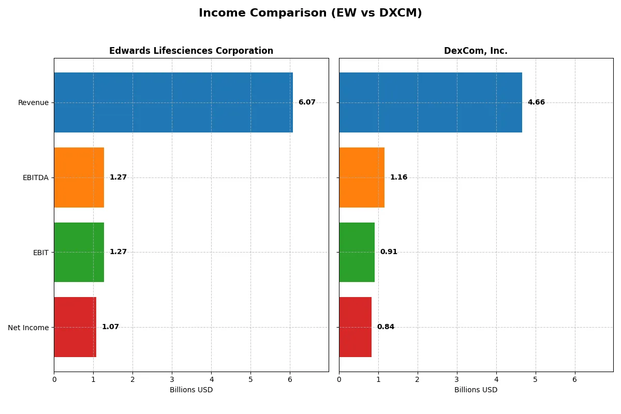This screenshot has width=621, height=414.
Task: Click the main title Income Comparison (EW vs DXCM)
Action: (310, 13)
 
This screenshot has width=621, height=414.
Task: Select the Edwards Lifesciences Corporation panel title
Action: (191, 51)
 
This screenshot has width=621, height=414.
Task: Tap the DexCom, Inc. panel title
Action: (476, 51)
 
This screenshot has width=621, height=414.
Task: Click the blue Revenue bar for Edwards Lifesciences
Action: (173, 102)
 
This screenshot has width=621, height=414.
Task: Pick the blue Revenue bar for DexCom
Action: (431, 102)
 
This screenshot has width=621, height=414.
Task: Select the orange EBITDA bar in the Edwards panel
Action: (79, 178)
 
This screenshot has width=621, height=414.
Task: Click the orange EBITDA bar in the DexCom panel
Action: (362, 178)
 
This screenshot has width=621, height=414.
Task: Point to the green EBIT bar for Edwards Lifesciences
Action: (79, 252)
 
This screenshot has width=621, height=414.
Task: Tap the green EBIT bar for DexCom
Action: (357, 252)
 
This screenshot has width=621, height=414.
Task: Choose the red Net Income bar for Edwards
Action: (75, 327)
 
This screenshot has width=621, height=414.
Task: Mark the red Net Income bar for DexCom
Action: (355, 327)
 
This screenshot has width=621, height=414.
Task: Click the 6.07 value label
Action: (307, 102)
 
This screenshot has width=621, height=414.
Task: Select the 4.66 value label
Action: (536, 102)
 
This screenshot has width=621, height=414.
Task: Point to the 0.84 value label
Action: (386, 327)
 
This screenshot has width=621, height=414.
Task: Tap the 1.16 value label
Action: (398, 178)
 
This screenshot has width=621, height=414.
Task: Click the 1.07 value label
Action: (110, 327)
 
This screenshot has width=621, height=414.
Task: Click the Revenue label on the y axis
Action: (33, 102)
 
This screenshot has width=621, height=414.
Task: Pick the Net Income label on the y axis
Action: (28, 328)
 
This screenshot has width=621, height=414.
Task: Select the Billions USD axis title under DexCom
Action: (476, 390)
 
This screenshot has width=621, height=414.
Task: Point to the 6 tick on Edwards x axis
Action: (290, 379)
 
